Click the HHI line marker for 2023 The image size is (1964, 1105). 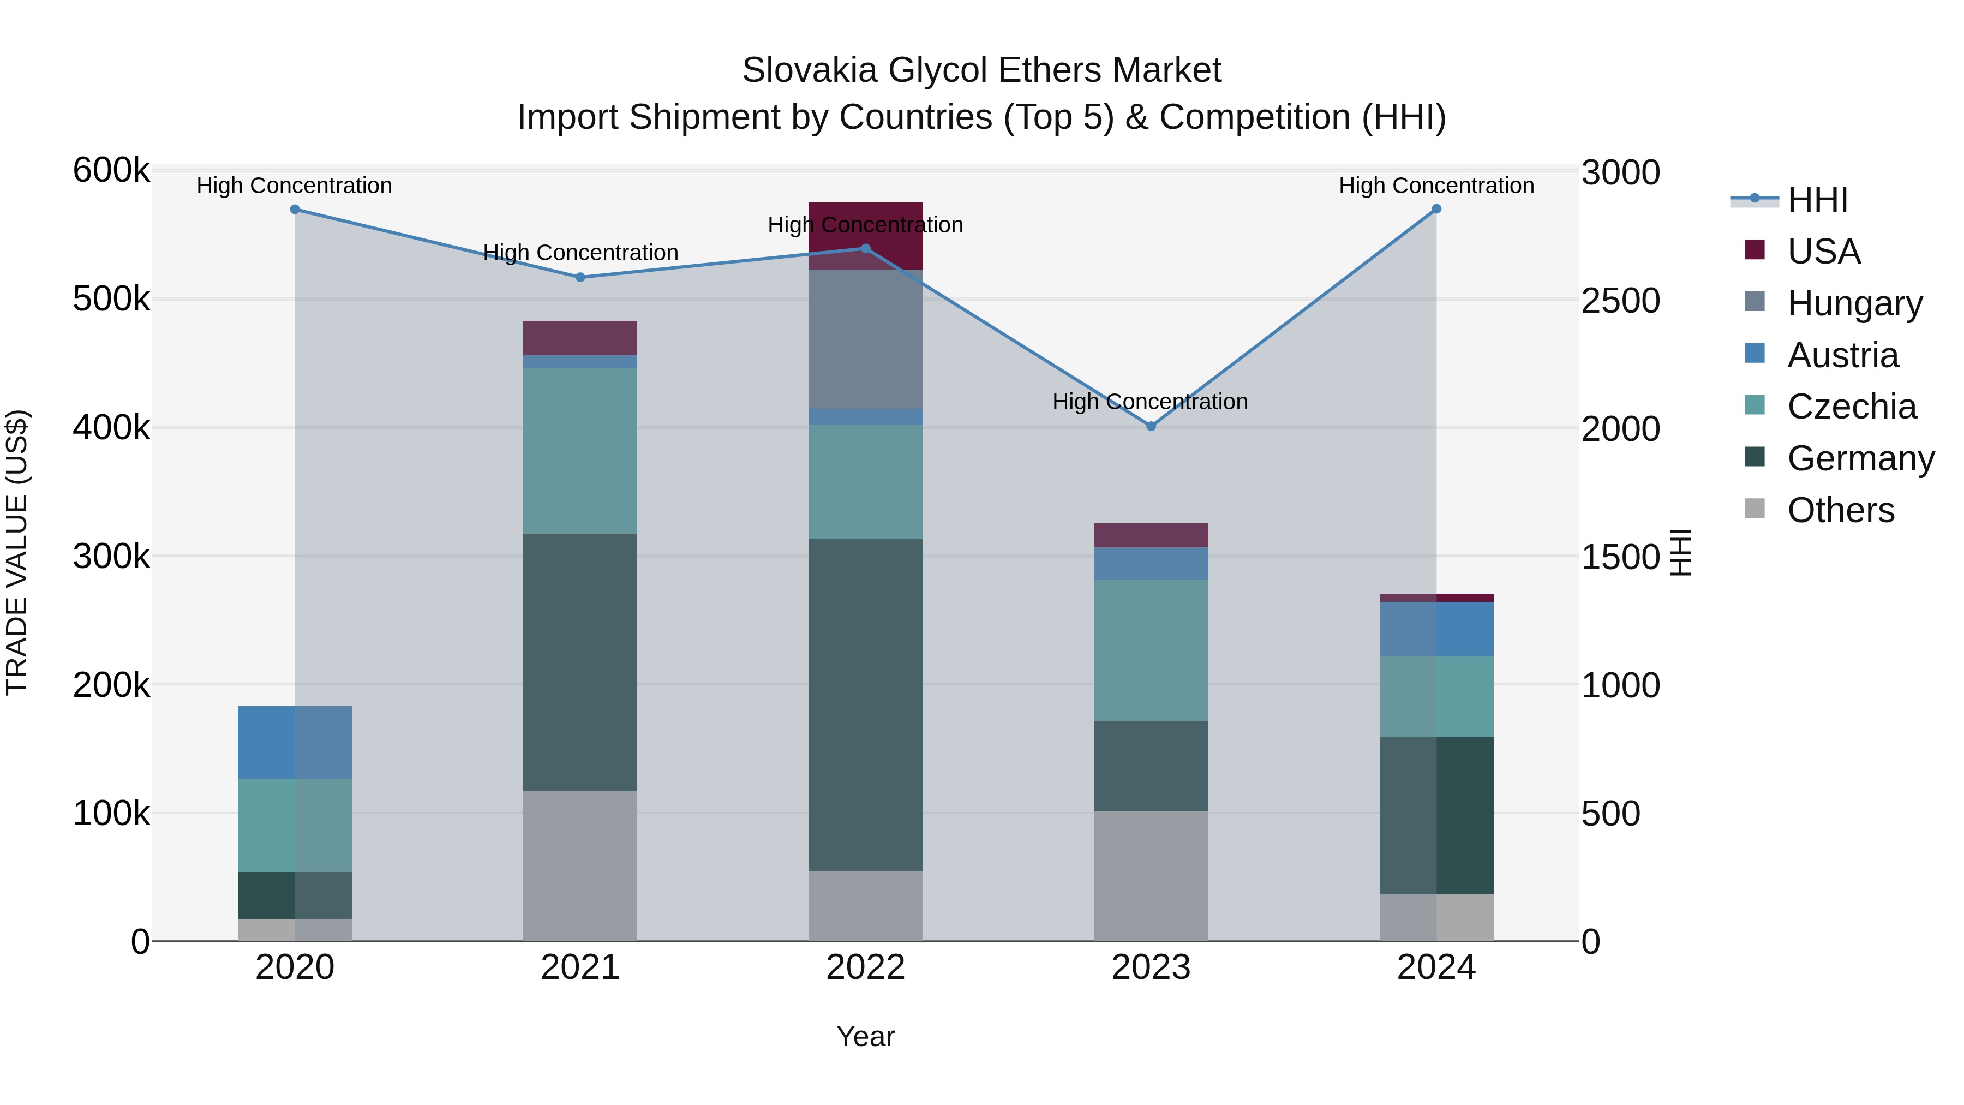[1151, 426]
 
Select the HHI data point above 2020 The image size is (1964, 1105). [295, 210]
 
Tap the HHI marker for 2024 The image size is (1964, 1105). [1436, 209]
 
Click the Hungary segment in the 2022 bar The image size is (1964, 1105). [865, 339]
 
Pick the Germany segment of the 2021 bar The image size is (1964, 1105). [580, 662]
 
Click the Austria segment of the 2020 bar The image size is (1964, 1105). [295, 742]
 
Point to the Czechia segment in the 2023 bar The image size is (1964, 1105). [1151, 650]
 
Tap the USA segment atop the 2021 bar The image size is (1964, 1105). [580, 338]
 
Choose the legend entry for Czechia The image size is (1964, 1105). [1851, 407]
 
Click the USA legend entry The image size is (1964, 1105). [1824, 252]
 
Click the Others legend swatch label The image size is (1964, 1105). [1841, 510]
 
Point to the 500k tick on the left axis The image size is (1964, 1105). [111, 300]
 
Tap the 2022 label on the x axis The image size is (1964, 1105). [865, 967]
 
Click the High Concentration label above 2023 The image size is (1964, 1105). [1149, 401]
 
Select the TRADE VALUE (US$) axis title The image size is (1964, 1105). [17, 552]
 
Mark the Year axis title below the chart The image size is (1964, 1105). [865, 1036]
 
